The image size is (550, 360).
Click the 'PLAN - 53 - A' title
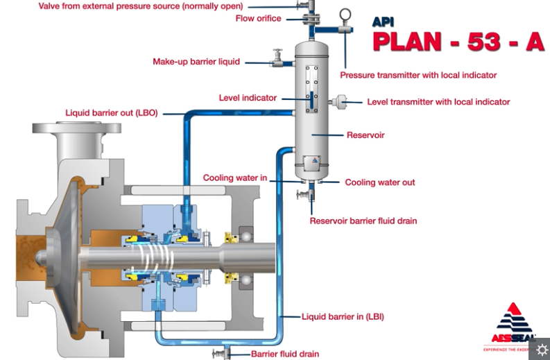[458, 41]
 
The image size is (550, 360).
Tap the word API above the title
[383, 22]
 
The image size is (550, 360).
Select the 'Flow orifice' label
[259, 19]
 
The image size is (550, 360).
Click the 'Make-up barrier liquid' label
[196, 62]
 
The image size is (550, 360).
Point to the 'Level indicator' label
[248, 98]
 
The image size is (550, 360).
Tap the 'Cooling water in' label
[235, 178]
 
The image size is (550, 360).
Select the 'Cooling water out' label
[380, 182]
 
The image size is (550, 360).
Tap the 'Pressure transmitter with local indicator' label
[418, 75]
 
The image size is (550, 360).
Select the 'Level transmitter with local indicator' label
[438, 102]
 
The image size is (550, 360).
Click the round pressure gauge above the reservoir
[345, 15]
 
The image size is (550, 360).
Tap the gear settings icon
[542, 349]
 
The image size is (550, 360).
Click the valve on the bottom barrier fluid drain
[221, 354]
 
